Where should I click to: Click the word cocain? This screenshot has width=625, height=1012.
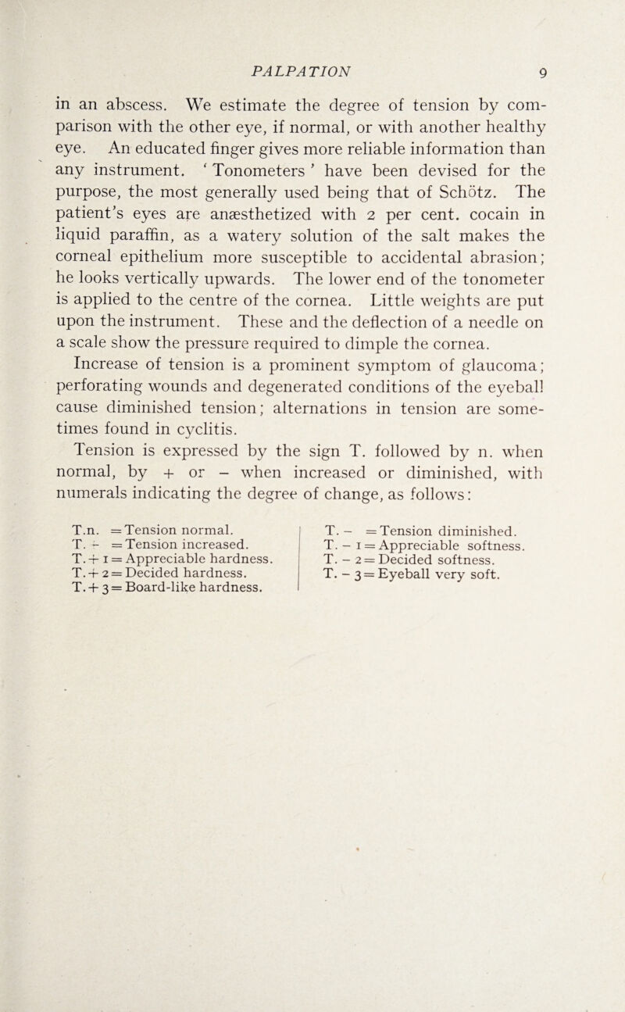tap(522, 189)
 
